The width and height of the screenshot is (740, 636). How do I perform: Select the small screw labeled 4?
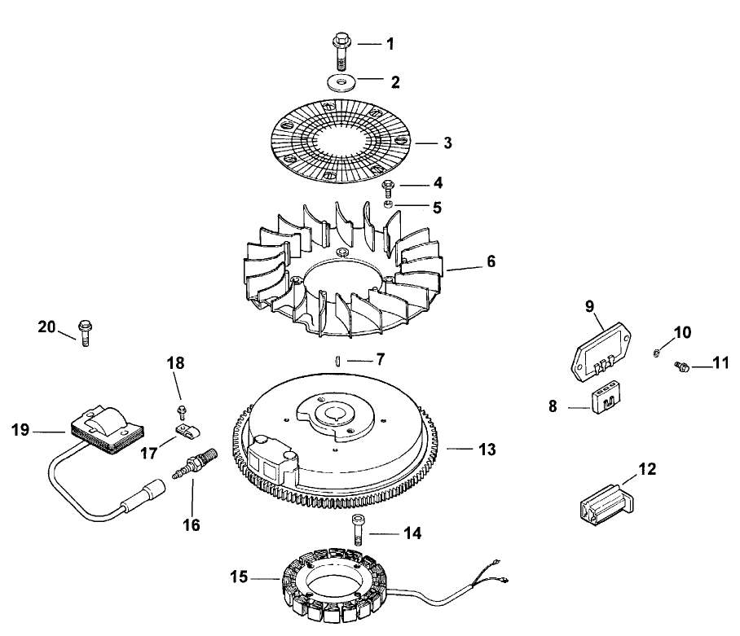coord(390,186)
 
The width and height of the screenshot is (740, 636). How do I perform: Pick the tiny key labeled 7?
coord(337,359)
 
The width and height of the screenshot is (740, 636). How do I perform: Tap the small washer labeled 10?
coord(657,352)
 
